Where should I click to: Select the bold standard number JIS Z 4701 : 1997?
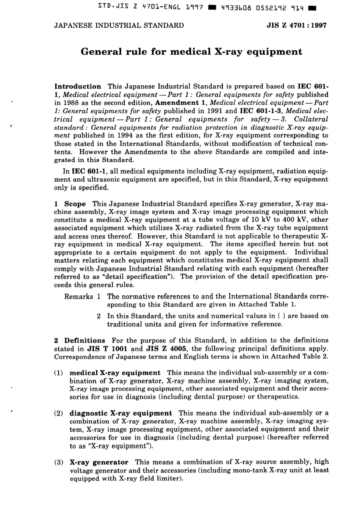click(x=297, y=25)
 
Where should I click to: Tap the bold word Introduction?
click(x=78, y=86)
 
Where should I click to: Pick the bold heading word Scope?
click(x=75, y=204)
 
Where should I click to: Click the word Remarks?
click(x=78, y=297)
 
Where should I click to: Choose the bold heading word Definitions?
click(x=85, y=341)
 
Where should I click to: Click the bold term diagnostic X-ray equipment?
click(x=121, y=413)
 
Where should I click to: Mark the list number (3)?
click(x=59, y=463)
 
